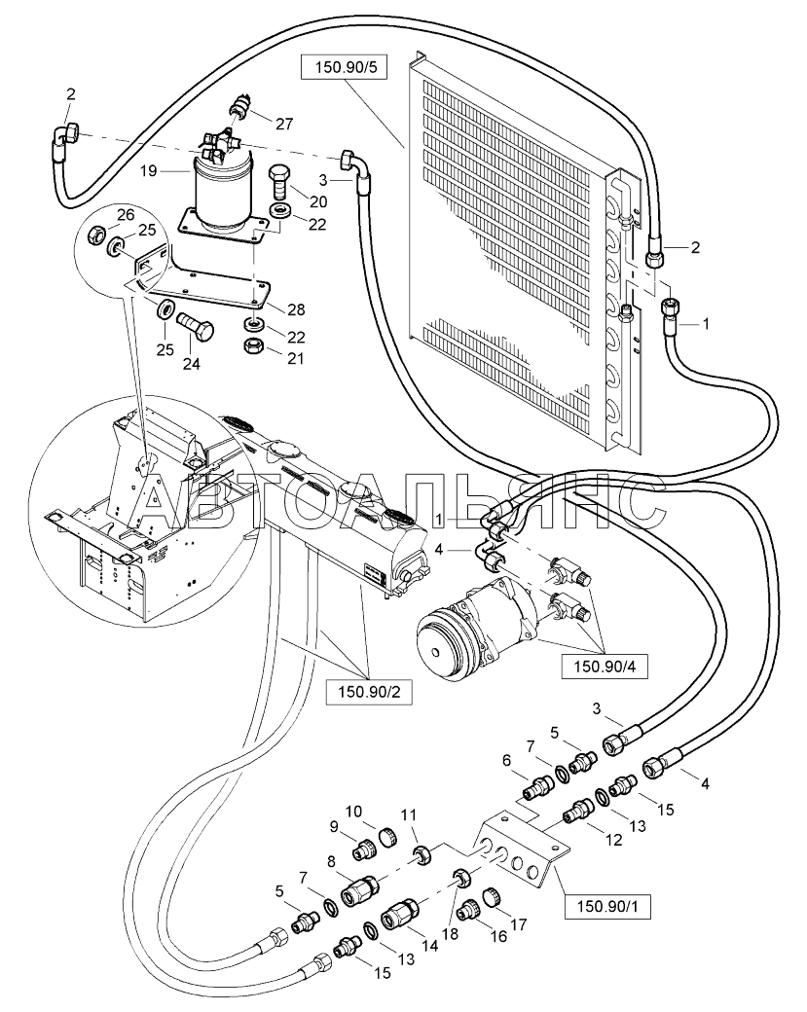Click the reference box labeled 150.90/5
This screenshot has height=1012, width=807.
pyautogui.click(x=344, y=67)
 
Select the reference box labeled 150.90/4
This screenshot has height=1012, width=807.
pyautogui.click(x=605, y=667)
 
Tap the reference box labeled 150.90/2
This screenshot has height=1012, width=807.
pyautogui.click(x=369, y=693)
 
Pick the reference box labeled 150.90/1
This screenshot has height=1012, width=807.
pyautogui.click(x=607, y=907)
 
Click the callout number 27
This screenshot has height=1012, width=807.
pyautogui.click(x=284, y=124)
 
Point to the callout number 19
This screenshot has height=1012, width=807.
pyautogui.click(x=149, y=171)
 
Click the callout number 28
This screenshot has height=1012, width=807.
pyautogui.click(x=296, y=309)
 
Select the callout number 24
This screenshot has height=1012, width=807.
pyautogui.click(x=191, y=364)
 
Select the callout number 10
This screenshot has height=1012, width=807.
pyautogui.click(x=353, y=812)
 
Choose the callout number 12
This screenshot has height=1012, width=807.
pyautogui.click(x=614, y=839)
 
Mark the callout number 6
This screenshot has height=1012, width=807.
pyautogui.click(x=506, y=761)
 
